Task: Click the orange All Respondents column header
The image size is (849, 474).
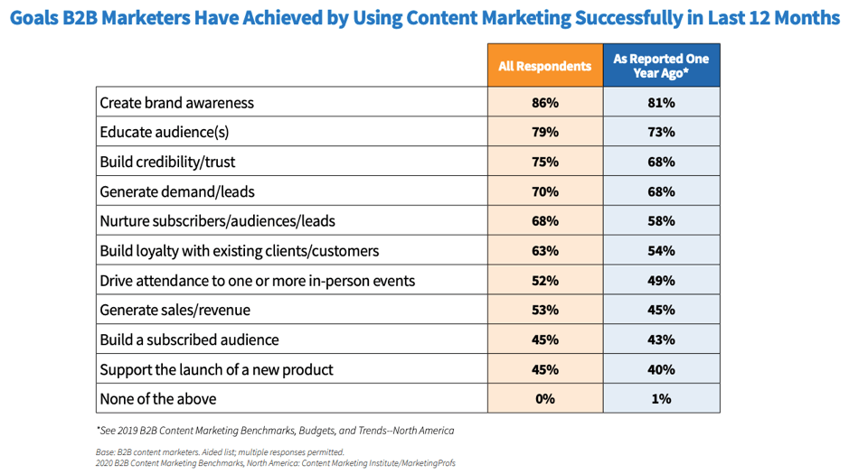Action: point(544,66)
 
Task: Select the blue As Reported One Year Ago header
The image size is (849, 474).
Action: point(661,66)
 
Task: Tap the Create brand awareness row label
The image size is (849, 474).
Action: point(176,103)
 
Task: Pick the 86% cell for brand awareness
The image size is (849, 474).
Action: point(544,103)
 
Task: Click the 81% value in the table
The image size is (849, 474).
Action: point(661,103)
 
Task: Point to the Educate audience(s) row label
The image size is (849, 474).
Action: point(164,132)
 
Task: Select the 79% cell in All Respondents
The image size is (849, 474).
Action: point(544,132)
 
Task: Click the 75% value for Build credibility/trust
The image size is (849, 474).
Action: point(544,162)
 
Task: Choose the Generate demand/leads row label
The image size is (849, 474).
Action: point(176,191)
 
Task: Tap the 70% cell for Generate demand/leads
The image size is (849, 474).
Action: point(544,191)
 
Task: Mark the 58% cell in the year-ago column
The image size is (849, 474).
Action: point(661,221)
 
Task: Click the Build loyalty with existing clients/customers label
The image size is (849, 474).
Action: point(239,251)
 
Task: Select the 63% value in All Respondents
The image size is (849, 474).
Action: point(544,251)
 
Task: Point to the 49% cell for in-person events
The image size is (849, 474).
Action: point(661,281)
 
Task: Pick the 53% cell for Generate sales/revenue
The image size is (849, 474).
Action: point(544,310)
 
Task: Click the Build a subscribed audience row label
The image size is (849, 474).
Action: point(189,339)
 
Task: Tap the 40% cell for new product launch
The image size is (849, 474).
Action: point(661,369)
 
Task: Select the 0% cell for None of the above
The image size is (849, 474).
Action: point(544,399)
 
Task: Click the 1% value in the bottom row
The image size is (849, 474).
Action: point(661,399)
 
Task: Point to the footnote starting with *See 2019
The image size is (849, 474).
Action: point(275,431)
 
